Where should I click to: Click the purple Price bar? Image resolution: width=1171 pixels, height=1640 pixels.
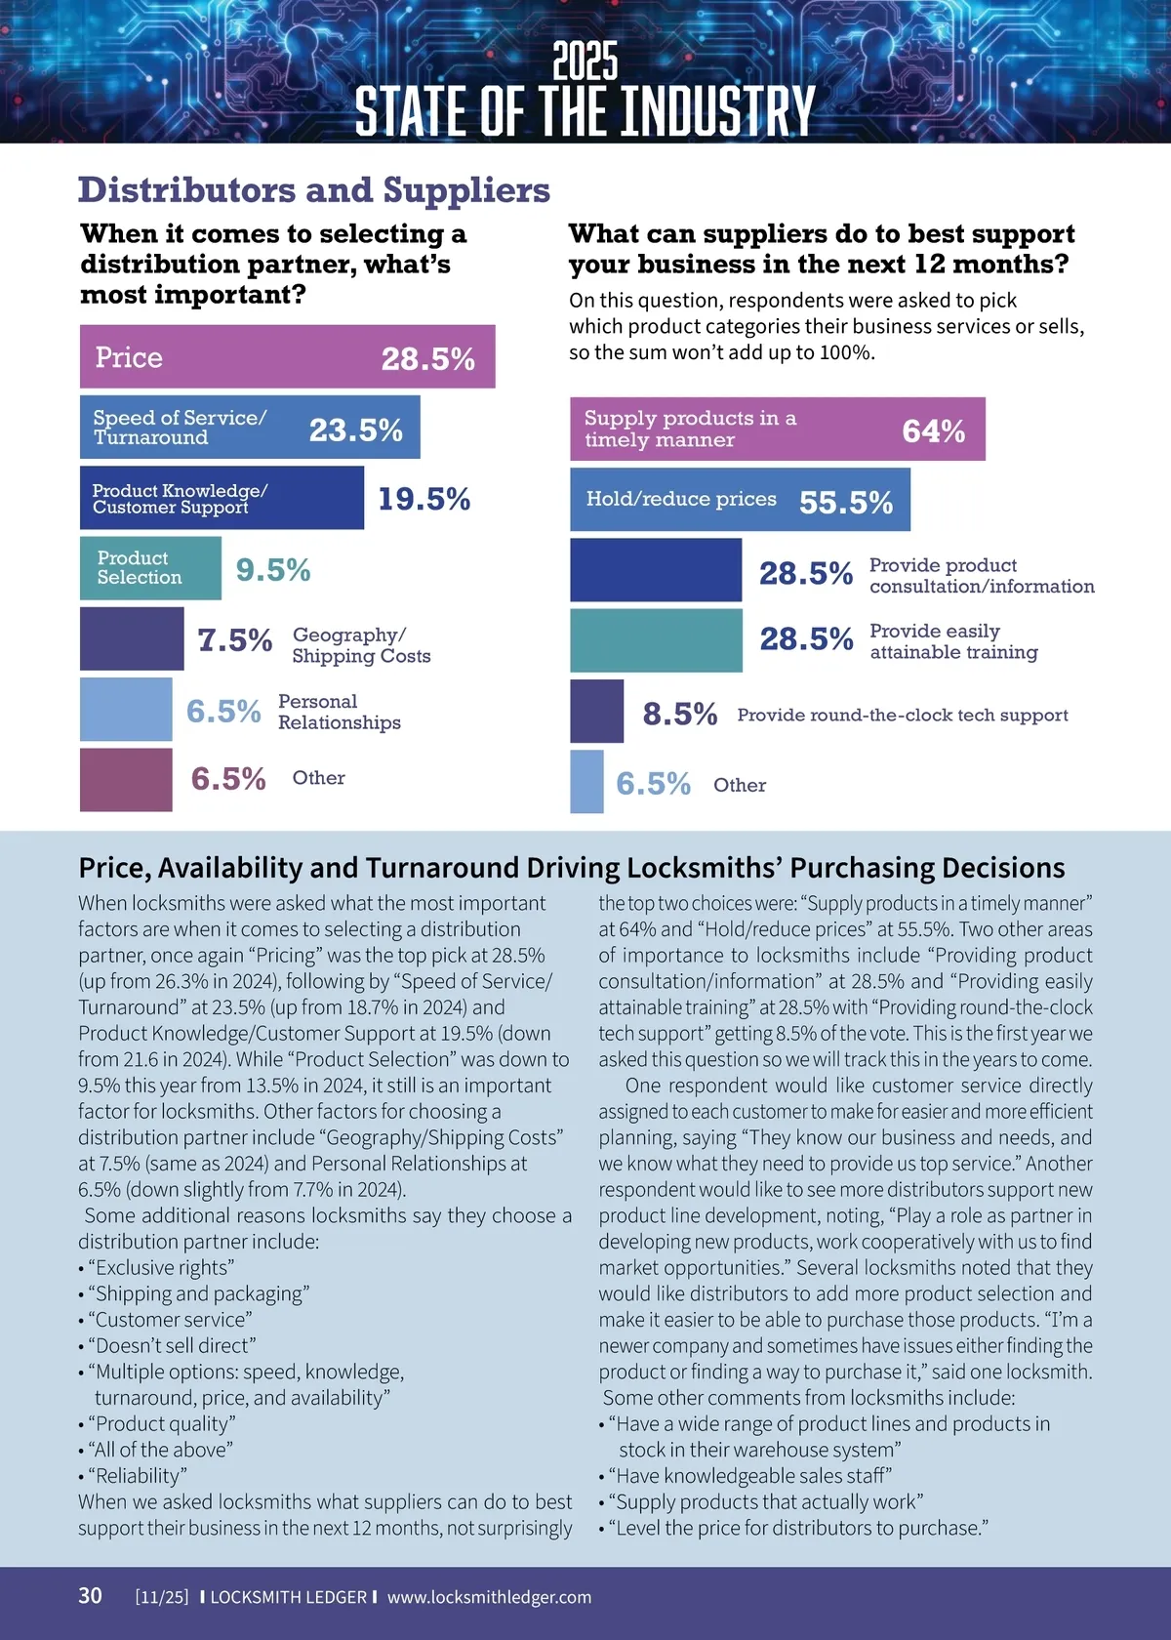(x=287, y=357)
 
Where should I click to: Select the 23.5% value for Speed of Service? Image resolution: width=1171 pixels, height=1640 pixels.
(x=356, y=430)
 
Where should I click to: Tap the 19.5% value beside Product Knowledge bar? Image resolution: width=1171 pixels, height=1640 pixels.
(x=424, y=499)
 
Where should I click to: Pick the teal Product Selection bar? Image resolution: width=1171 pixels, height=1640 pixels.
(x=150, y=568)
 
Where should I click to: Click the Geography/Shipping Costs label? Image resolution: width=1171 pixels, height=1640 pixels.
(x=361, y=645)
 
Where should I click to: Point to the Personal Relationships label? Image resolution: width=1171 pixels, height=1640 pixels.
(x=339, y=712)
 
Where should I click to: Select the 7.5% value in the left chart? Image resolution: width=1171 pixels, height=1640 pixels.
(x=234, y=640)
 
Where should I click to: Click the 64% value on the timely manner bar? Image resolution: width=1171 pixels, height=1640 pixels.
(x=933, y=430)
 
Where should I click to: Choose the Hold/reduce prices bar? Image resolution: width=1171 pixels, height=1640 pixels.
(x=740, y=500)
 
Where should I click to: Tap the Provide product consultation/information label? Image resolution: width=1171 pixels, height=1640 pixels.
(x=981, y=576)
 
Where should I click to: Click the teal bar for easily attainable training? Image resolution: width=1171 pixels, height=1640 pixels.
(x=656, y=640)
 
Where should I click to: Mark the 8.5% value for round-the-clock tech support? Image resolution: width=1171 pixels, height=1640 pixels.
(x=679, y=715)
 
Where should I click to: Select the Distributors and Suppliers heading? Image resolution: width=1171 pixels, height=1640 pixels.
(x=314, y=190)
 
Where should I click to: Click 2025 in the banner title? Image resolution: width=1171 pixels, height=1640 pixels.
(x=585, y=61)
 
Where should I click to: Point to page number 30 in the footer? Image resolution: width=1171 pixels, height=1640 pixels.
(x=90, y=1595)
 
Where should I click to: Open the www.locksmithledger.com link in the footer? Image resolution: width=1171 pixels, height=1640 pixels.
(x=489, y=1597)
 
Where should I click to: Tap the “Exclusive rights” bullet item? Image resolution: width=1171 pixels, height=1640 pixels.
(x=161, y=1267)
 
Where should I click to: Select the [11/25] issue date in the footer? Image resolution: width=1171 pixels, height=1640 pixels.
(x=162, y=1597)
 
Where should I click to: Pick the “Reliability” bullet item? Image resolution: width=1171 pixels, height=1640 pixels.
(x=137, y=1475)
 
